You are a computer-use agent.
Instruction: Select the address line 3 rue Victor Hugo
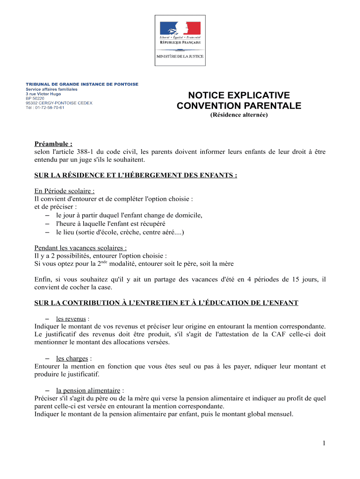[x=43, y=94]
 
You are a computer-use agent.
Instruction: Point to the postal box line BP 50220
[x=35, y=98]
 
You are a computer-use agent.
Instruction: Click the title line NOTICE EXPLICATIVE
[x=239, y=95]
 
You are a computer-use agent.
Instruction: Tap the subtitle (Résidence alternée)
[x=239, y=115]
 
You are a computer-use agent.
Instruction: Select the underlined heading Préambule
[x=53, y=144]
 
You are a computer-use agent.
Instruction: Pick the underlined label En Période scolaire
[x=65, y=191]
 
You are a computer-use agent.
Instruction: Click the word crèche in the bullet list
[x=130, y=232]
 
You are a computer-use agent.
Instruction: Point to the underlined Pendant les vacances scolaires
[x=80, y=248]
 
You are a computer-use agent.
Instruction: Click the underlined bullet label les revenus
[x=71, y=319]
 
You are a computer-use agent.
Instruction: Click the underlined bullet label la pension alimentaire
[x=88, y=390]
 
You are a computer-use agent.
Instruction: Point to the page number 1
[x=323, y=443]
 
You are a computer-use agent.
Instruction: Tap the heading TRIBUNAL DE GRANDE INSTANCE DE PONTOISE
[x=82, y=84]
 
